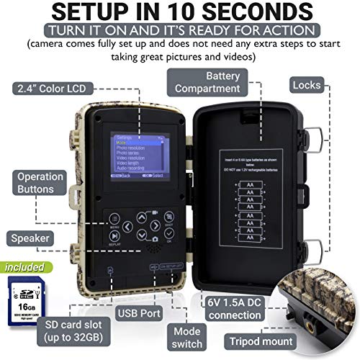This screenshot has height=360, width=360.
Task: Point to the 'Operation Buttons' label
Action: [29, 184]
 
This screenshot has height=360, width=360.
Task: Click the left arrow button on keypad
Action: [127, 227]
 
